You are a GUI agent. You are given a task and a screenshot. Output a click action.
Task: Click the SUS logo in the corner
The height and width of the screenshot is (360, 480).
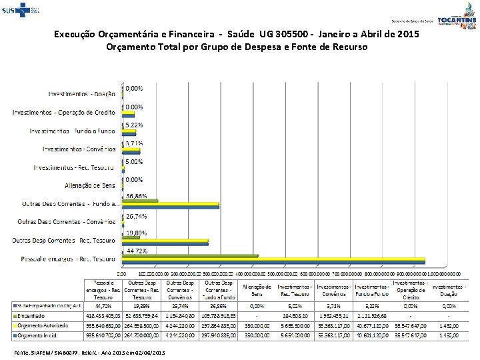(x=19, y=11)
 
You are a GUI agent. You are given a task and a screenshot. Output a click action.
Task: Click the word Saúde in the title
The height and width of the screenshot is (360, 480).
(x=248, y=33)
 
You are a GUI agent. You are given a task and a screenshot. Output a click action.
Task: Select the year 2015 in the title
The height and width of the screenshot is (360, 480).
(x=407, y=33)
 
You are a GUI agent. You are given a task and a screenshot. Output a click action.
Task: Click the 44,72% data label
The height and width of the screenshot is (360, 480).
(x=137, y=251)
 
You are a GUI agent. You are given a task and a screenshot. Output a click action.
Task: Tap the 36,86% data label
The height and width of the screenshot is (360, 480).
(x=137, y=196)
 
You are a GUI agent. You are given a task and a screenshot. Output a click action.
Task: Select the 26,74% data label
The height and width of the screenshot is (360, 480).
(x=137, y=216)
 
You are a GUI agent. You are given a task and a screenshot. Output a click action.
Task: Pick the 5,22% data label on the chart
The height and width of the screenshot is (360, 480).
(x=135, y=125)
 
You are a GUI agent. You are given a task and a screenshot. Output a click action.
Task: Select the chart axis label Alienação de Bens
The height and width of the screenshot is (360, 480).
(x=89, y=185)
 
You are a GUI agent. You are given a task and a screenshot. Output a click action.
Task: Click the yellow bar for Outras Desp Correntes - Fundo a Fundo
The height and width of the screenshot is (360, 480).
(x=170, y=203)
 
